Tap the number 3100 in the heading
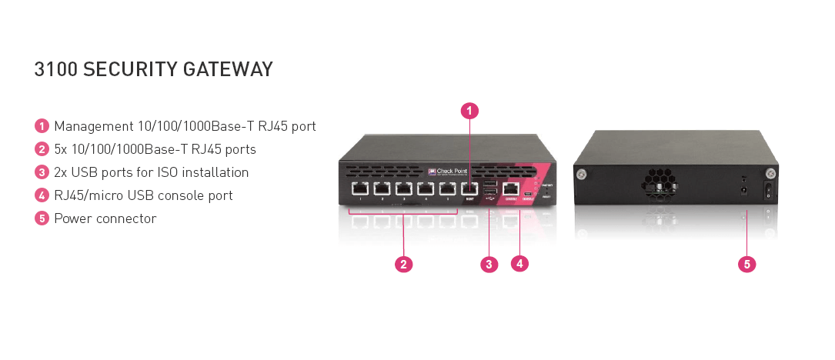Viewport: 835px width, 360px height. (x=55, y=70)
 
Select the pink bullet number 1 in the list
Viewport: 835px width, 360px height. (x=42, y=126)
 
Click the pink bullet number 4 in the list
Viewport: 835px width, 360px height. (x=42, y=195)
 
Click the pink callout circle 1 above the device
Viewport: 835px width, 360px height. (x=469, y=111)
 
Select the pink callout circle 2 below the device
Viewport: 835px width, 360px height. (x=403, y=265)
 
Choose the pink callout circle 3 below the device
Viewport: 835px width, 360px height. (x=489, y=265)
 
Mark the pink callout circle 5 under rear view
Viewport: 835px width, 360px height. (x=746, y=265)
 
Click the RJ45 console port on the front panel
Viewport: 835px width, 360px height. (x=509, y=188)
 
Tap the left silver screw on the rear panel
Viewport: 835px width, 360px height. (x=583, y=174)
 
